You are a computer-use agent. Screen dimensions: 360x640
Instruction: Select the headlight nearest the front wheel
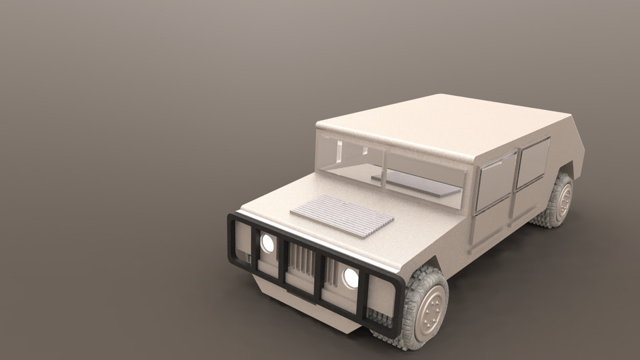point(351,278)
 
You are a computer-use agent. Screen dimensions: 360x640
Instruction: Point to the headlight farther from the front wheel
point(267,243)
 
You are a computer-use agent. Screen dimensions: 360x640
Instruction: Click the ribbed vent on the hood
point(342,215)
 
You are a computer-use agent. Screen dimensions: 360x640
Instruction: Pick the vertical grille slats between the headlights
point(302,261)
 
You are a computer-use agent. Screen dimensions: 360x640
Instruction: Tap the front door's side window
point(495,180)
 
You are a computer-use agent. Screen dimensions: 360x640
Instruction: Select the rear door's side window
point(533,163)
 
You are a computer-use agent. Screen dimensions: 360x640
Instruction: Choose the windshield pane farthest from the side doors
point(349,157)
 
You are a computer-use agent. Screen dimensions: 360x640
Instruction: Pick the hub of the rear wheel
point(564,199)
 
